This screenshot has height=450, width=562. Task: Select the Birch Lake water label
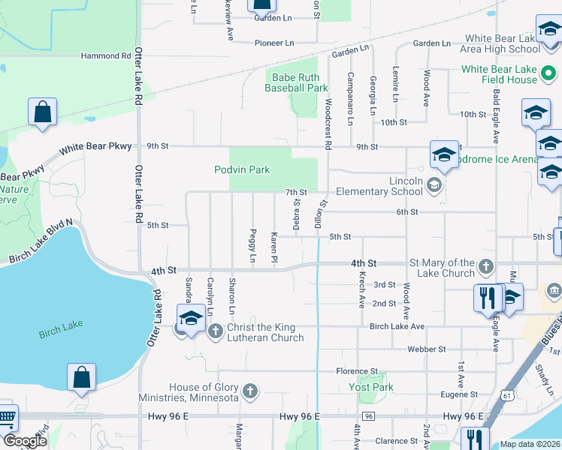click(60, 325)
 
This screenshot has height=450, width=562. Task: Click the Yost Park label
click(371, 388)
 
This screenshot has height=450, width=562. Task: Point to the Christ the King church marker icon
click(216, 330)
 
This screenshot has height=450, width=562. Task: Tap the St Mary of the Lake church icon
click(486, 266)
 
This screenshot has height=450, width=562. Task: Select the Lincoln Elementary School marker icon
click(434, 184)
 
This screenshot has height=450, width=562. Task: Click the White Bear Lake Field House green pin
click(549, 74)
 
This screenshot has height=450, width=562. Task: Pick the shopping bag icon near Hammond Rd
click(43, 112)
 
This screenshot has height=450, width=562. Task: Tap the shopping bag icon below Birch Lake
click(81, 379)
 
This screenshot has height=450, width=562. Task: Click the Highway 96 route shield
click(367, 416)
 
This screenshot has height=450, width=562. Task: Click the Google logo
click(25, 441)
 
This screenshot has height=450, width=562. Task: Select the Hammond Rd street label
click(106, 56)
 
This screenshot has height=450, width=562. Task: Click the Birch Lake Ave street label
click(397, 326)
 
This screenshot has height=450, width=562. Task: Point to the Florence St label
click(357, 371)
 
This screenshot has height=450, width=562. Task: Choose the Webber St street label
click(427, 349)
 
